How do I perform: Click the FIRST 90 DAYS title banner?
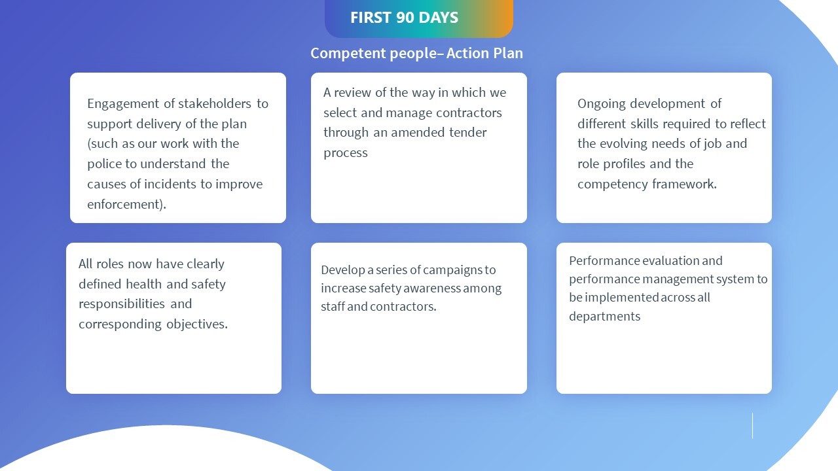(x=419, y=18)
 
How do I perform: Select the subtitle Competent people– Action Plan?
(x=416, y=53)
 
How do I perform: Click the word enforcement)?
(x=126, y=204)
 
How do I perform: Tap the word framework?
(x=683, y=184)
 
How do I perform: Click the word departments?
(x=604, y=316)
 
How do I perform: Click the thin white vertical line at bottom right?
(x=752, y=425)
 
